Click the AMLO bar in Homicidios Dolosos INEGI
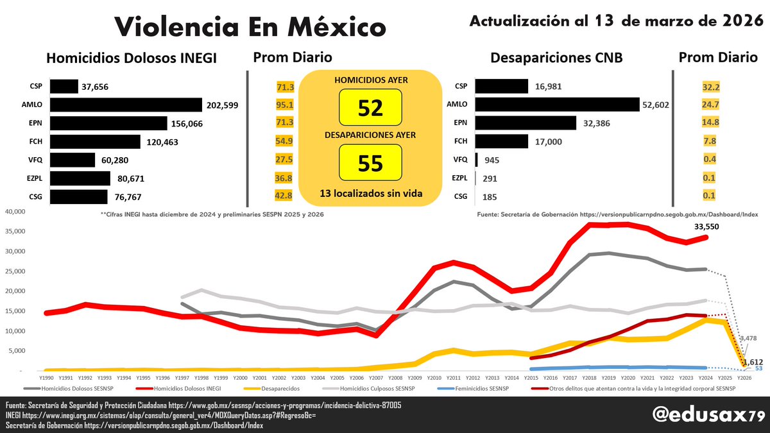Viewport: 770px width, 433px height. coord(126,105)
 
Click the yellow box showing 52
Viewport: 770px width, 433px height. coord(370,108)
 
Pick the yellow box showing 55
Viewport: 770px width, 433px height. coord(370,163)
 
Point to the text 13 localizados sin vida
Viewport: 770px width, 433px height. coord(370,192)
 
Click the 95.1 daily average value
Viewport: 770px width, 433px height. coord(284,105)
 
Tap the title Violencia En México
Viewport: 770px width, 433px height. coord(251,27)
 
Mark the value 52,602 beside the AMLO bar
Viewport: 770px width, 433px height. coord(656,105)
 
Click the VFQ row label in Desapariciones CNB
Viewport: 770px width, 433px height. coord(460,160)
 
